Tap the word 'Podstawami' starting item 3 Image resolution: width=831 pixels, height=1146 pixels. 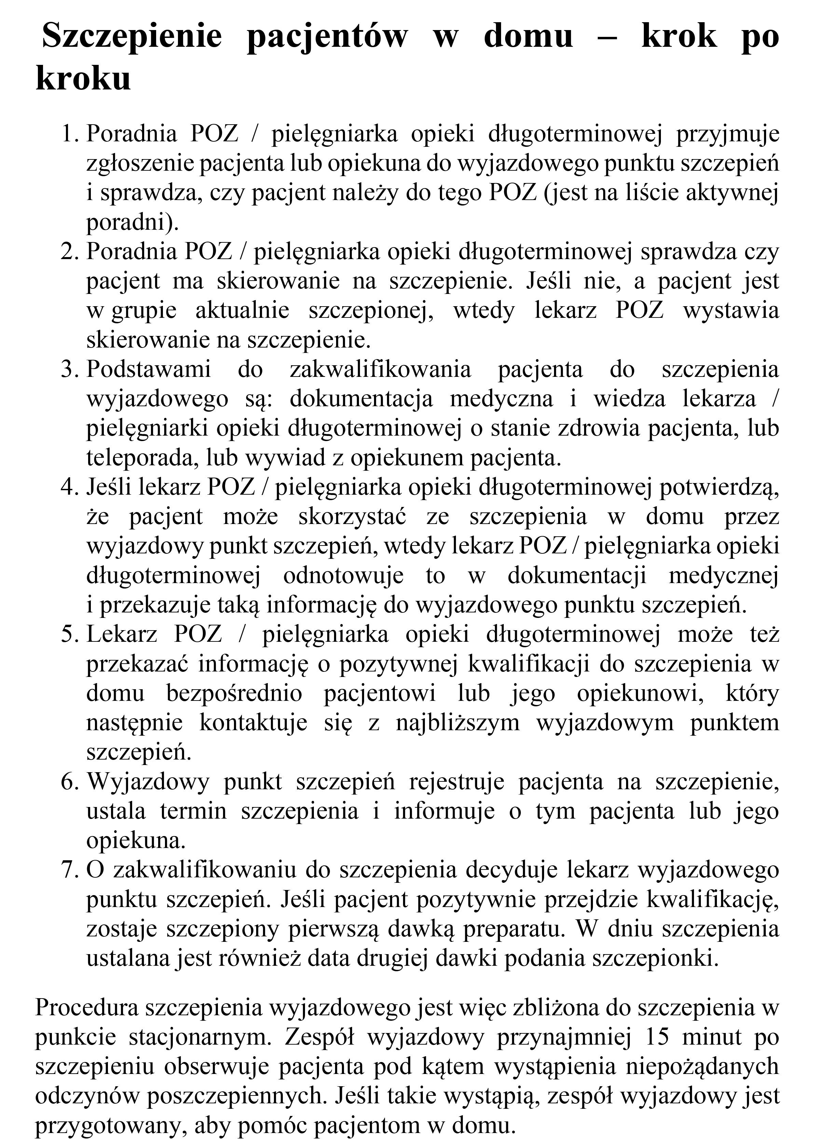[x=149, y=369]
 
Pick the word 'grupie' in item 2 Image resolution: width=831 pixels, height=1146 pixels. [x=143, y=310]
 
